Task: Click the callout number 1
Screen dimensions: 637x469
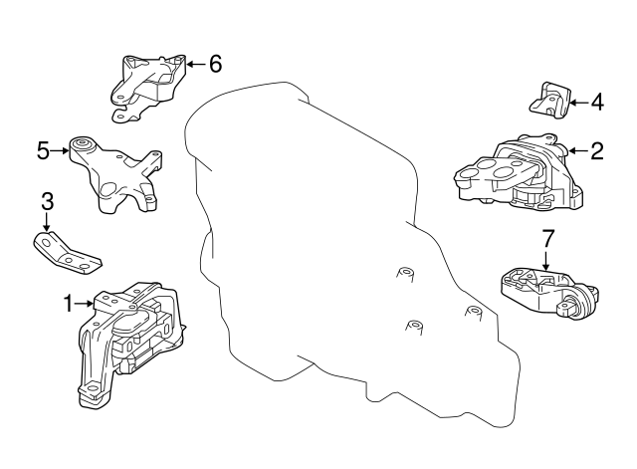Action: click(x=69, y=304)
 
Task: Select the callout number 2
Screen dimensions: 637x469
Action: click(x=597, y=150)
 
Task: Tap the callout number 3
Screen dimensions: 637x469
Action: click(x=47, y=201)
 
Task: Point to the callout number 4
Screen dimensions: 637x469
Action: click(x=597, y=102)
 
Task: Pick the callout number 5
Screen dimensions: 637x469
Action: click(x=43, y=150)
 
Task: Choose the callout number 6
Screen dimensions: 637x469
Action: click(x=215, y=64)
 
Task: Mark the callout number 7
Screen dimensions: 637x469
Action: click(x=547, y=239)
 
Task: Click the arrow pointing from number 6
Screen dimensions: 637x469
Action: click(x=196, y=64)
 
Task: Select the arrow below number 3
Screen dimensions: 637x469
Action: click(x=47, y=222)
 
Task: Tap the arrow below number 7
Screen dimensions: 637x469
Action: click(x=546, y=261)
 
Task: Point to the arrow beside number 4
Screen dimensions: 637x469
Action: click(x=578, y=103)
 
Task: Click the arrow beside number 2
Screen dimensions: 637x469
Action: click(x=578, y=151)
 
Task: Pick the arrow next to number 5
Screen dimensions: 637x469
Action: click(x=60, y=151)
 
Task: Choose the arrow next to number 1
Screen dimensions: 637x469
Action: click(x=85, y=303)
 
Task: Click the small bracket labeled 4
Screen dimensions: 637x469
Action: click(x=549, y=101)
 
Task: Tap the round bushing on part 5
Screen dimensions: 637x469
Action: click(x=83, y=143)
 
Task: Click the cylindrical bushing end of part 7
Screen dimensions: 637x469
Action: click(x=578, y=302)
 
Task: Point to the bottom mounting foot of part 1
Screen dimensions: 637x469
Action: click(x=93, y=393)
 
